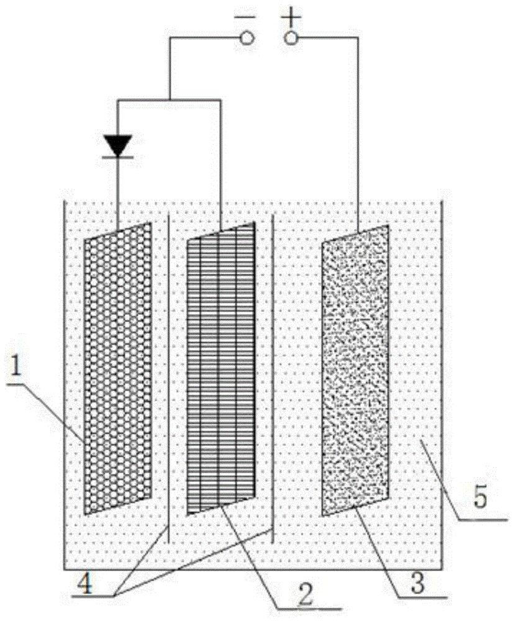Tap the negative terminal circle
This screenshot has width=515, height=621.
(247, 39)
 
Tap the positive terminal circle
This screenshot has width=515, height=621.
(290, 39)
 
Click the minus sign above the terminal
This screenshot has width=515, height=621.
(242, 16)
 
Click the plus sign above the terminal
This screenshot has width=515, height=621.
(289, 16)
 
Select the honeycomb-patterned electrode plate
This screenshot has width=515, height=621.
(118, 368)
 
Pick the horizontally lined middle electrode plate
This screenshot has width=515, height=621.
(221, 368)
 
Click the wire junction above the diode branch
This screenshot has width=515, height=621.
(170, 100)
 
